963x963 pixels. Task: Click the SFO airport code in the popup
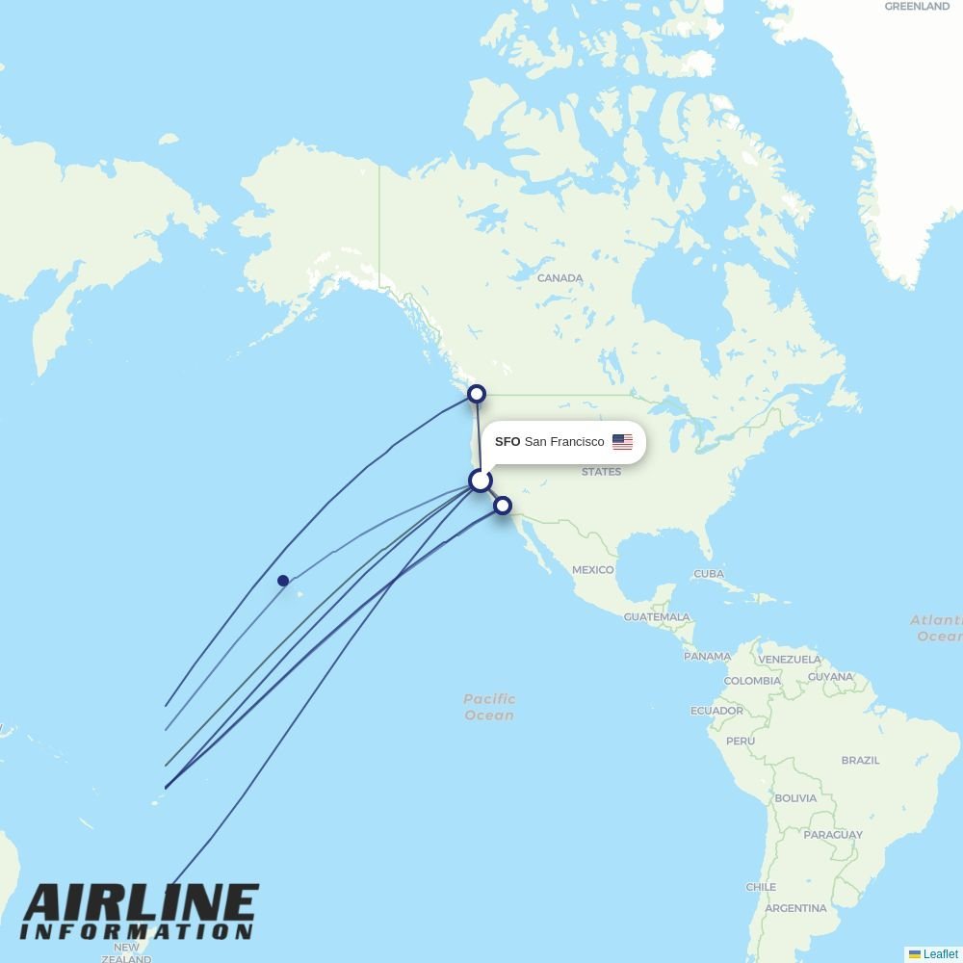pyautogui.click(x=508, y=442)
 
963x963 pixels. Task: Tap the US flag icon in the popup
pyautogui.click(x=622, y=442)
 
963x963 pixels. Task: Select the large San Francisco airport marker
pyautogui.click(x=480, y=481)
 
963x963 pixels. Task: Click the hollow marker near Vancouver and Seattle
pyautogui.click(x=476, y=394)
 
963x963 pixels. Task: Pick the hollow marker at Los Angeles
pyautogui.click(x=502, y=505)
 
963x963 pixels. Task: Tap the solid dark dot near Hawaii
pyautogui.click(x=283, y=581)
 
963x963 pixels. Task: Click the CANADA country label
pyautogui.click(x=560, y=278)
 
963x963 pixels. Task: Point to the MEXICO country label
pyautogui.click(x=592, y=570)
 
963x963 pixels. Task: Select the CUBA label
pyautogui.click(x=708, y=574)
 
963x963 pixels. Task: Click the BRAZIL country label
pyautogui.click(x=860, y=760)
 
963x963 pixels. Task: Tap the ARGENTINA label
pyautogui.click(x=795, y=908)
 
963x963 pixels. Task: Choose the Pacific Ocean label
pyautogui.click(x=489, y=707)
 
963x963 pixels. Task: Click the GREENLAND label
pyautogui.click(x=917, y=7)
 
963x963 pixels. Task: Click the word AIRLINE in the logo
pyautogui.click(x=141, y=904)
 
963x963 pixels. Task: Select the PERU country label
pyautogui.click(x=741, y=741)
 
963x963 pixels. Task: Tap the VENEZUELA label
pyautogui.click(x=789, y=660)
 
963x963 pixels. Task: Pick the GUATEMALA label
pyautogui.click(x=657, y=616)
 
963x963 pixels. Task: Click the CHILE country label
pyautogui.click(x=760, y=887)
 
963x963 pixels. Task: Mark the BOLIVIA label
pyautogui.click(x=795, y=798)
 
